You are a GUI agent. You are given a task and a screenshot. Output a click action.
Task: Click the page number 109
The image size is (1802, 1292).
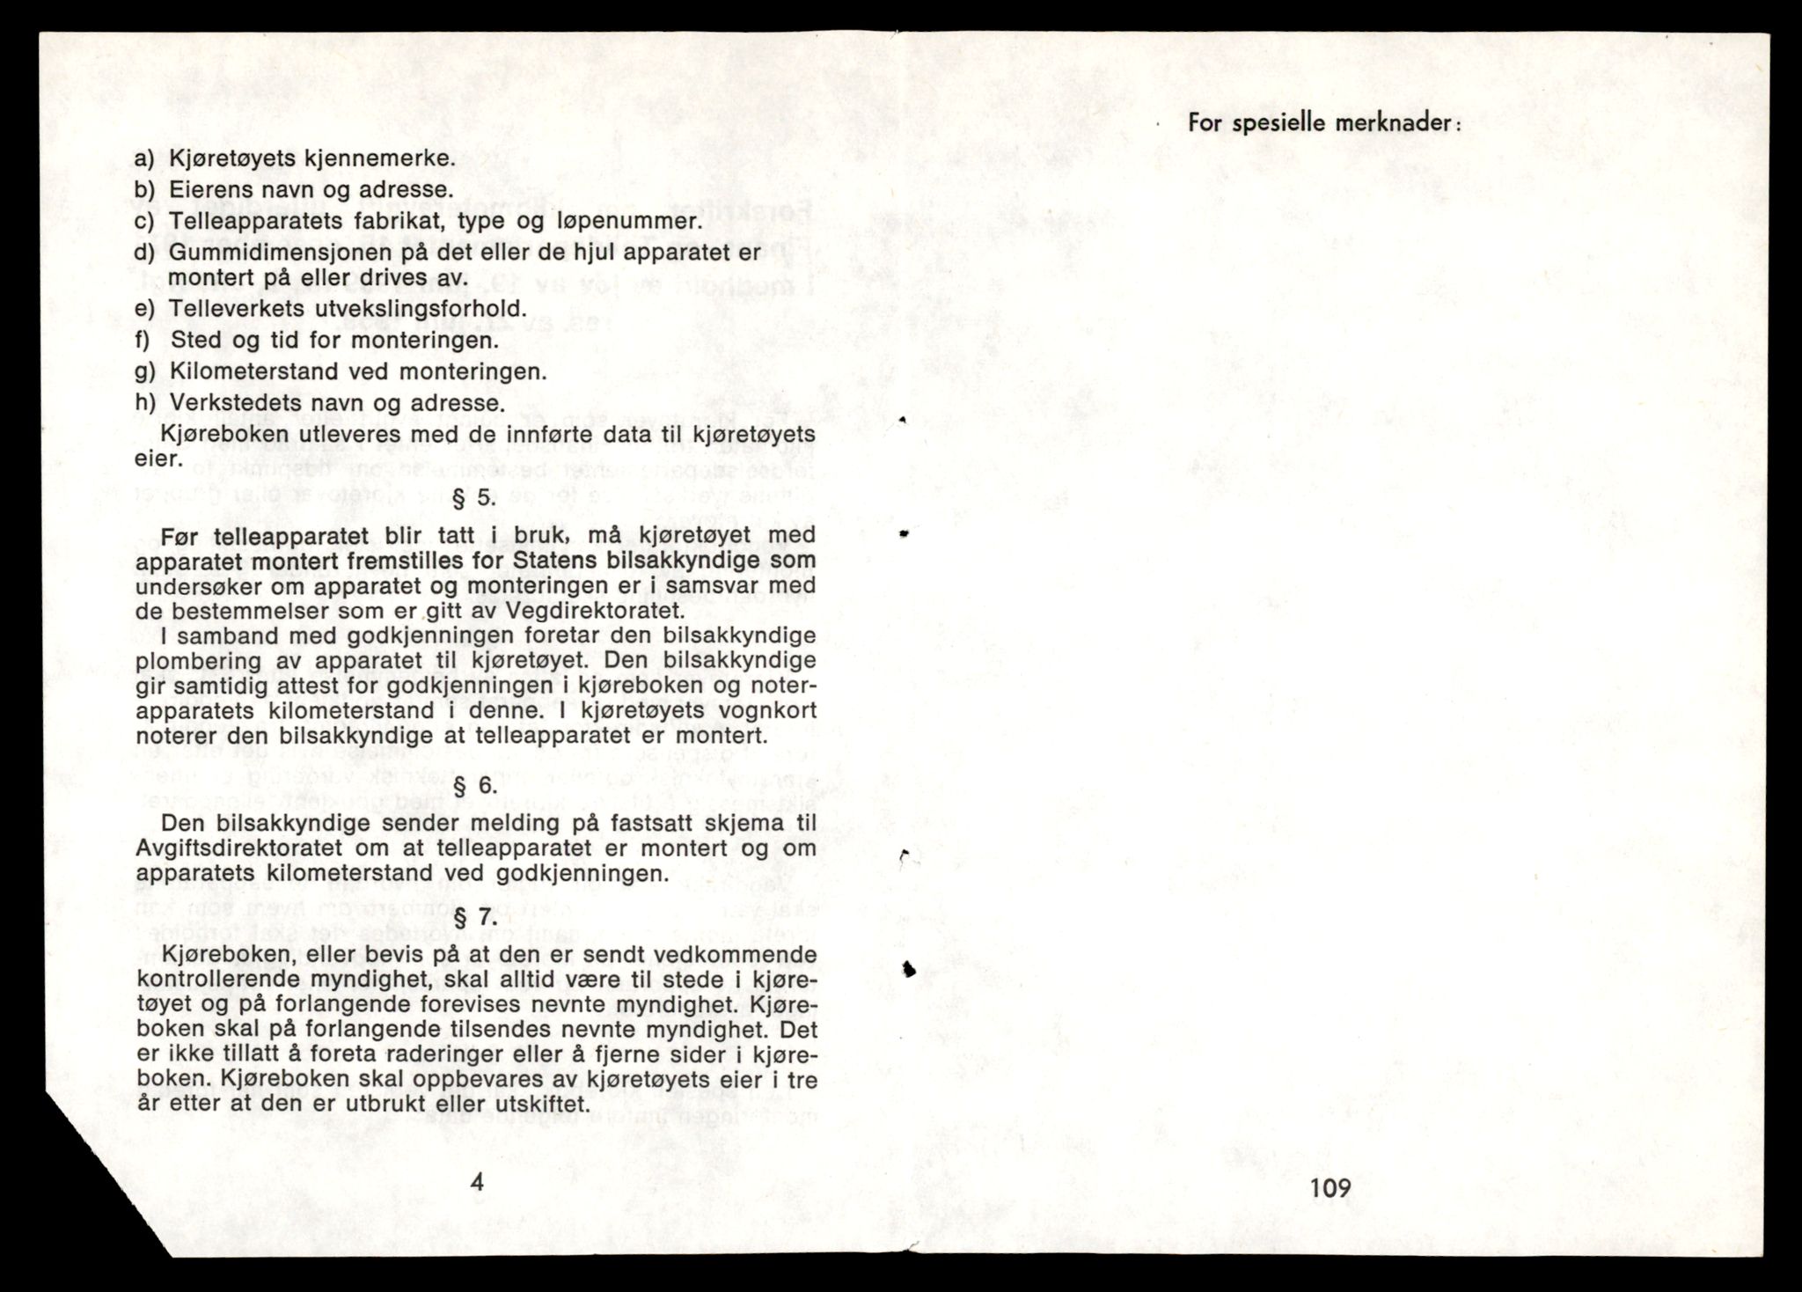click(x=1330, y=1187)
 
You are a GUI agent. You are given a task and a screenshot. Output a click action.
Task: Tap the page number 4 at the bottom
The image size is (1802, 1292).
click(x=477, y=1181)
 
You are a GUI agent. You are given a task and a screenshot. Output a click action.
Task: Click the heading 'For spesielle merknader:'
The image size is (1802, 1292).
click(x=1324, y=123)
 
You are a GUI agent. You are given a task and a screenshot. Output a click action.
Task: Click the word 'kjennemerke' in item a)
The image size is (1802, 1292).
click(x=378, y=158)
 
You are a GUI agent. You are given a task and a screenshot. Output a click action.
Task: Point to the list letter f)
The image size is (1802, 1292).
click(x=143, y=341)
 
